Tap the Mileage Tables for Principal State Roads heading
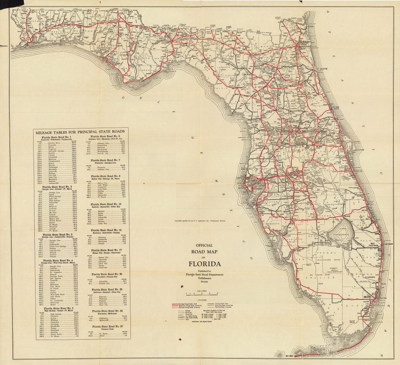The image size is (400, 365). [x=80, y=131]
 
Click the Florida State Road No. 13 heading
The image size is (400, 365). [x=107, y=204]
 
